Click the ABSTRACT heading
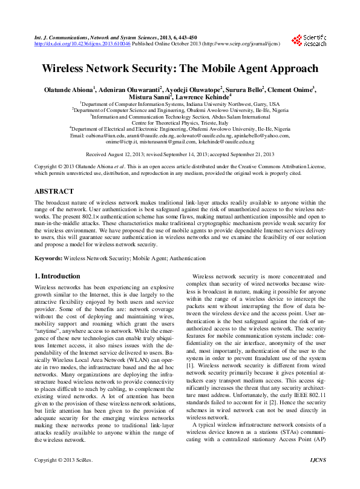click(x=54, y=191)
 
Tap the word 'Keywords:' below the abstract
click(x=48, y=258)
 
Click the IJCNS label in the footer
click(x=317, y=478)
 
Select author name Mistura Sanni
click(x=150, y=96)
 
